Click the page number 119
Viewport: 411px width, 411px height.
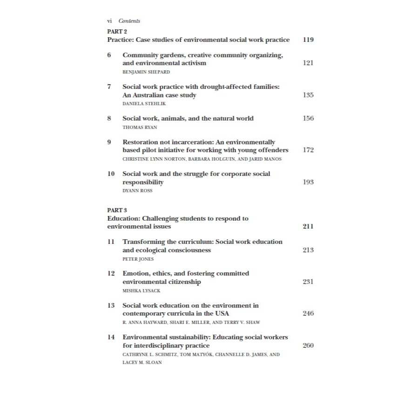click(x=308, y=40)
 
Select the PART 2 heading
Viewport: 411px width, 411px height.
click(x=117, y=32)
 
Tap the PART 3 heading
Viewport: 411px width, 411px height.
click(x=117, y=210)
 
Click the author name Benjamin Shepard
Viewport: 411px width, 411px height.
click(x=146, y=72)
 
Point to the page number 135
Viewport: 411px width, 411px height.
click(x=308, y=95)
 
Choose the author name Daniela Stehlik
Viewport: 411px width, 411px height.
click(x=144, y=104)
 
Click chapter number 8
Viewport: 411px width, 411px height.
click(x=109, y=118)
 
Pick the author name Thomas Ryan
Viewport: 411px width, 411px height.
click(x=140, y=127)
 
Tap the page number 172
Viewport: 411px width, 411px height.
click(x=308, y=150)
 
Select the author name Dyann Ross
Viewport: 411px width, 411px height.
click(x=137, y=191)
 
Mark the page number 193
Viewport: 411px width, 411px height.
click(x=308, y=182)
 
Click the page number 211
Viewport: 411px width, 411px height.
click(x=308, y=227)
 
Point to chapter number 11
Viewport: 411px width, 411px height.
click(x=111, y=242)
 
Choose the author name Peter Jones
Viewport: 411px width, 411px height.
click(x=138, y=259)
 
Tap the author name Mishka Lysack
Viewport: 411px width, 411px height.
click(x=141, y=291)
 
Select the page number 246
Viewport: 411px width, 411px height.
click(x=308, y=314)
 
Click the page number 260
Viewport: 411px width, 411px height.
click(x=308, y=345)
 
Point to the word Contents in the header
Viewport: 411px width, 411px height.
click(x=129, y=21)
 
